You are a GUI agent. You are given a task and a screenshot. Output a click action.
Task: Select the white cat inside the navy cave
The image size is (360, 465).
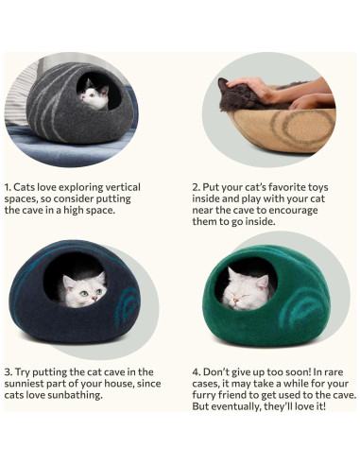click(83, 287)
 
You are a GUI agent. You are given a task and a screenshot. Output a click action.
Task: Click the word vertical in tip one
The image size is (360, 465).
click(133, 187)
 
